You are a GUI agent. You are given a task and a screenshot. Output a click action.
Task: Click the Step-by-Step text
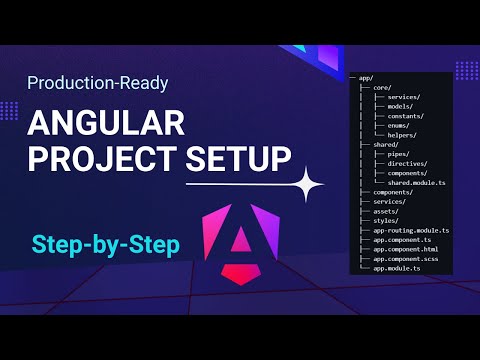[98, 243]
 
